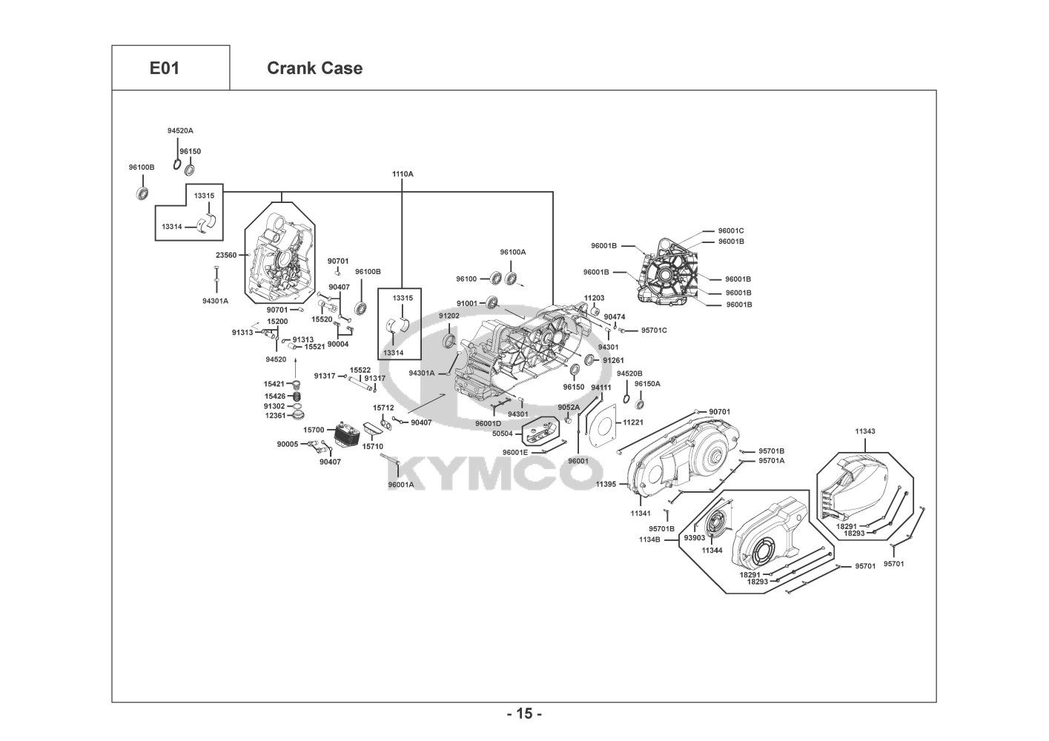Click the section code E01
point(165,68)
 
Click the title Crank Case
point(314,68)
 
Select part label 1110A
point(403,174)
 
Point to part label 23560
point(226,255)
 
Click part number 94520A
point(180,131)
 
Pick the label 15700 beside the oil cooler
point(314,430)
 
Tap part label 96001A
point(401,485)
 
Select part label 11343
point(865,431)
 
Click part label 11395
point(606,485)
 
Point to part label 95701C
point(654,330)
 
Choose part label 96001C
point(731,230)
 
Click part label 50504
point(503,434)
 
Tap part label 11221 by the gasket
point(633,422)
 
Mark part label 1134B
point(649,539)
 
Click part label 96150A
point(647,384)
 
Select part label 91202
point(449,316)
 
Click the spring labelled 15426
point(294,396)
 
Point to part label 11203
point(595,298)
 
